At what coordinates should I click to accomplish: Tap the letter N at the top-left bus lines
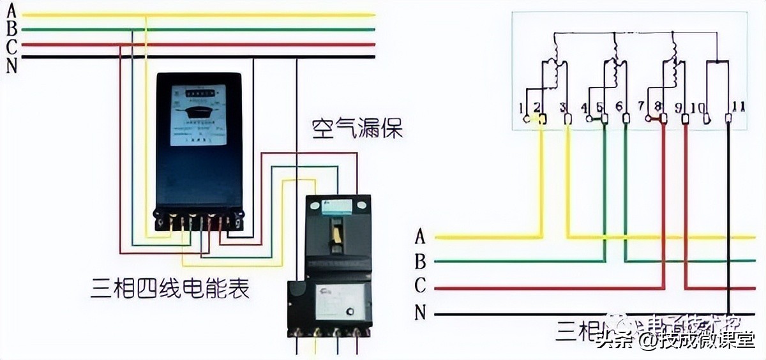(11, 64)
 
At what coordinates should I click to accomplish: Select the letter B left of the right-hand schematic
(420, 261)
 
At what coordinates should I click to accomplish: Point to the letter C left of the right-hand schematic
(420, 286)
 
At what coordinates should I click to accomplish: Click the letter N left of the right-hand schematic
(420, 312)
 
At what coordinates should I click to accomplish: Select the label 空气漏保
(357, 130)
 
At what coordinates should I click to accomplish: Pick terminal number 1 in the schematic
(522, 107)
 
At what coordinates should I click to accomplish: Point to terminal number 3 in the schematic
(562, 107)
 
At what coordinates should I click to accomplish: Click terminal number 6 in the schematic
(619, 107)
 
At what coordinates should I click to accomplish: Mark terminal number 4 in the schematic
(585, 107)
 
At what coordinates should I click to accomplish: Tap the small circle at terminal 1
(527, 119)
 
